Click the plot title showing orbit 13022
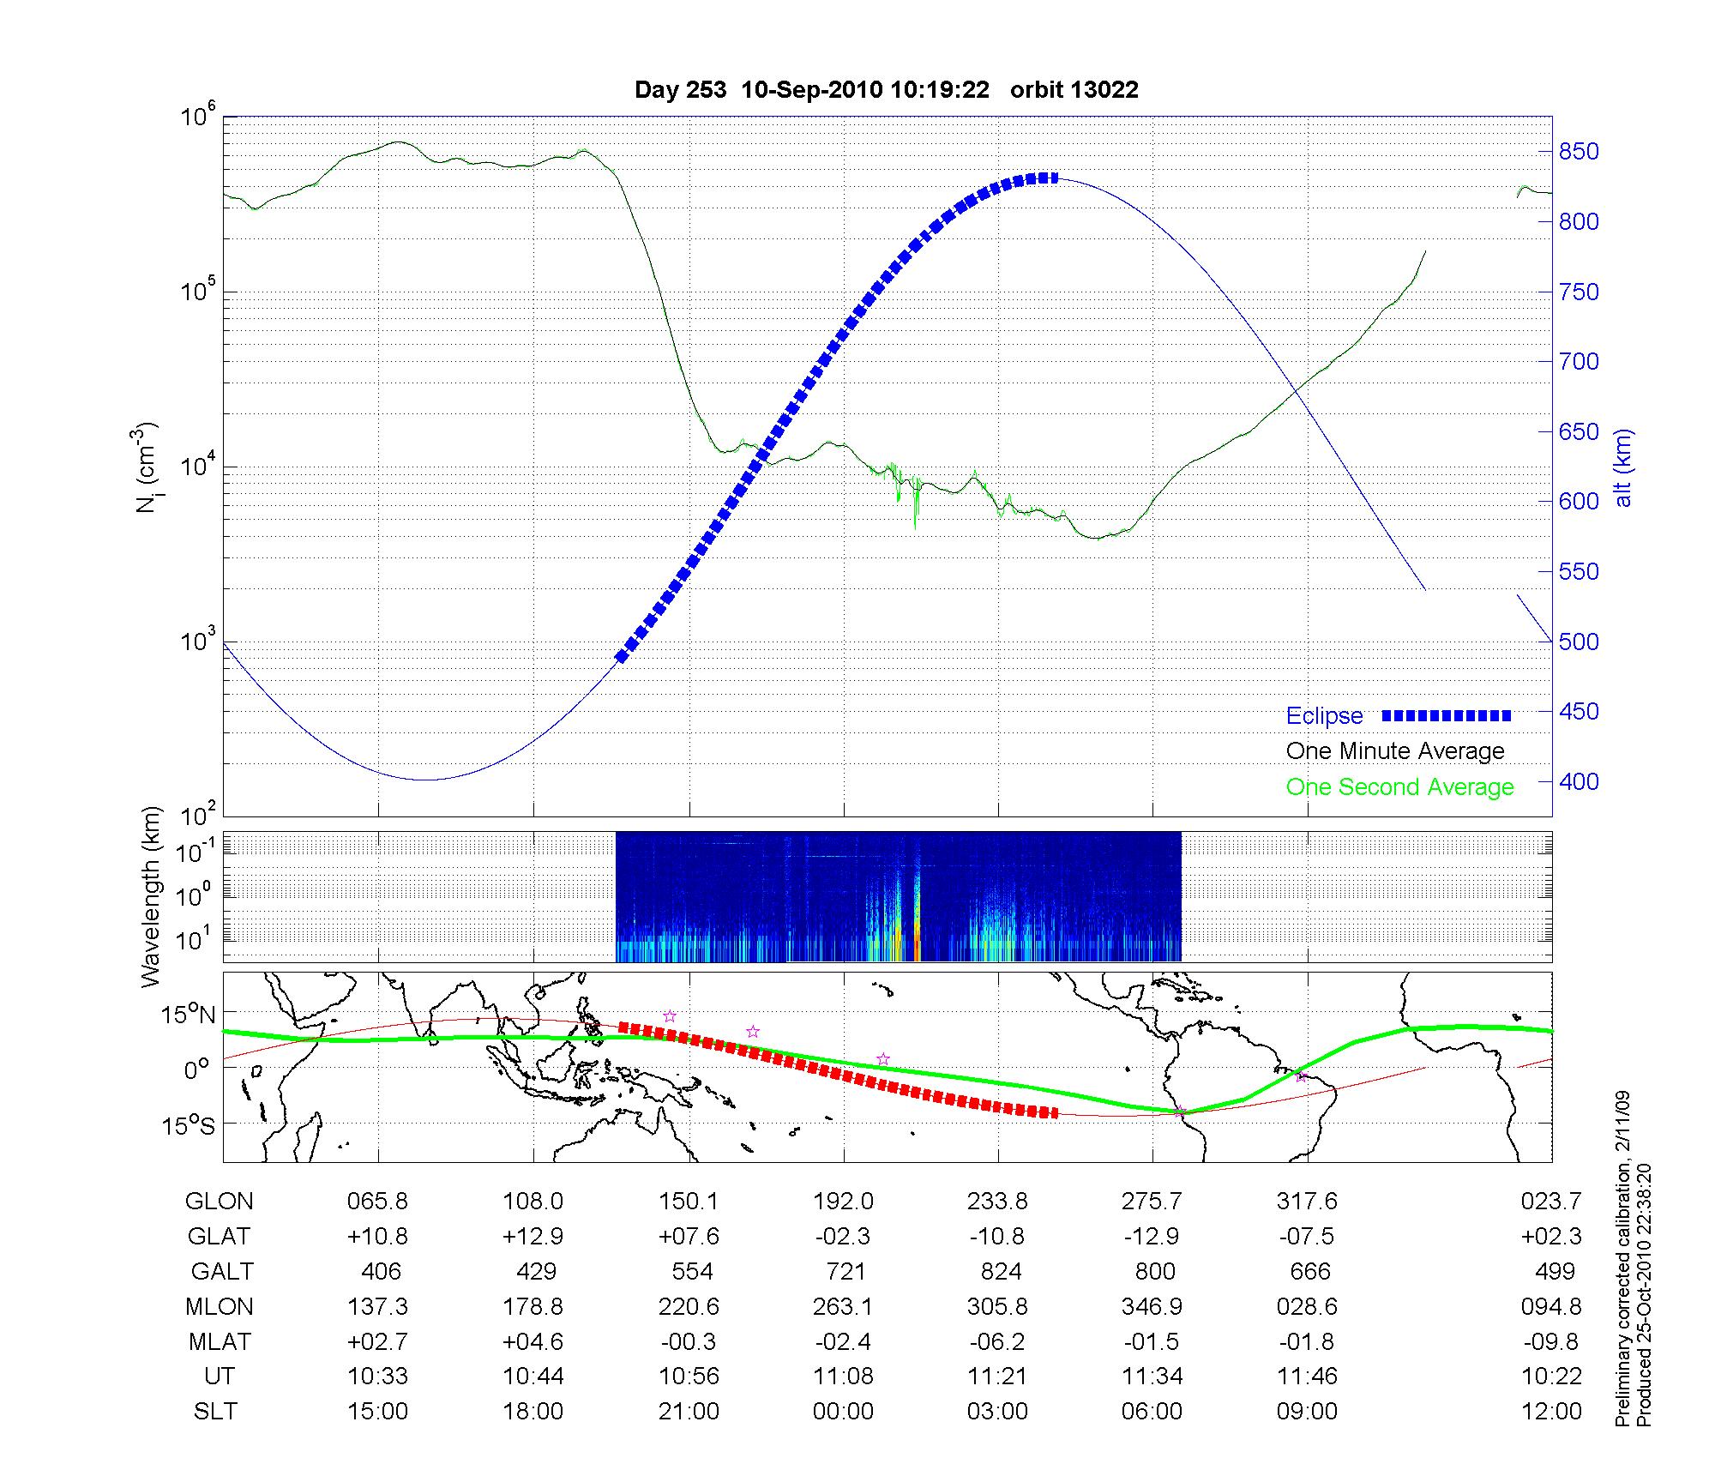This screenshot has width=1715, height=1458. coord(886,90)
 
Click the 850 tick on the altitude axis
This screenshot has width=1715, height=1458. coord(1579,152)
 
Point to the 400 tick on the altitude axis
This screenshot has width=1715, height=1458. coord(1579,781)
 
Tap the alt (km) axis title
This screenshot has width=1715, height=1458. coord(1623,467)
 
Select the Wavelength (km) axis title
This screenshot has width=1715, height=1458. coord(151,897)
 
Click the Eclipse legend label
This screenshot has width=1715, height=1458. coord(1324,716)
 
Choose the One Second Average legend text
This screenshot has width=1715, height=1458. coord(1399,787)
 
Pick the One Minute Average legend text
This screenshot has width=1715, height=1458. coord(1395,751)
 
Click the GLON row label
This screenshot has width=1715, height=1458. coord(219,1202)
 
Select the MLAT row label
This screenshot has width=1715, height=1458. coord(220,1341)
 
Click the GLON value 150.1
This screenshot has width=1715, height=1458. coord(689,1202)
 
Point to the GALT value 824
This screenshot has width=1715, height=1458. coord(1001,1271)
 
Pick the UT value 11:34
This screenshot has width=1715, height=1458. coord(1152,1377)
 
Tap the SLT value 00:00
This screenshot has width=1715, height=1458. coord(843,1412)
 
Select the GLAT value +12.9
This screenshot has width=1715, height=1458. coord(533,1236)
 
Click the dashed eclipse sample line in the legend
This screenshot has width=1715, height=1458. coord(1447,715)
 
